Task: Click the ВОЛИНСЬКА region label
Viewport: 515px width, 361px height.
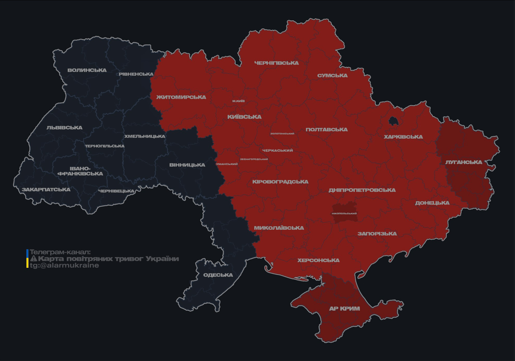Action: pos(87,71)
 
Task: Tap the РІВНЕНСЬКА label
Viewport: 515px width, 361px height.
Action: pos(136,74)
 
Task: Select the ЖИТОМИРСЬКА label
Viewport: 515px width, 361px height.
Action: pos(181,97)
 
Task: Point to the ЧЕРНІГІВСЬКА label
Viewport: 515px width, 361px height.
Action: pos(276,63)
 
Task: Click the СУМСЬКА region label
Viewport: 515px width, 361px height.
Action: pos(332,76)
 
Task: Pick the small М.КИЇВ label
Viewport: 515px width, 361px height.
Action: pos(239,101)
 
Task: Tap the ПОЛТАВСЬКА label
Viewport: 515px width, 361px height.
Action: pos(327,130)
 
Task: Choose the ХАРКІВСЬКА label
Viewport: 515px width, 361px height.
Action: pos(403,137)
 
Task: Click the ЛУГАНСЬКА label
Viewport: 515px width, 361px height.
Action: pos(464,162)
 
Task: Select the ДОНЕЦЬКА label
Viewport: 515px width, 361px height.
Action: pos(432,203)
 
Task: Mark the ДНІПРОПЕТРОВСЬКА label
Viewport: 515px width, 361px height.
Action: pos(362,190)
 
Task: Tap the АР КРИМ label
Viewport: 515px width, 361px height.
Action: pos(345,309)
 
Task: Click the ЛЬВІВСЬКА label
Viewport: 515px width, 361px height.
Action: pos(64,128)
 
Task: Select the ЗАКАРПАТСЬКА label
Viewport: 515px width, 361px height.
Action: pos(46,190)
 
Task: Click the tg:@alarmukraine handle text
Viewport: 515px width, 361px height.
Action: pos(64,266)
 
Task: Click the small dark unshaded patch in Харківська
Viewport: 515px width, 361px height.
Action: pos(393,121)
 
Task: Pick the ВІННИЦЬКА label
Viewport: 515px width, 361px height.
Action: pos(187,165)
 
